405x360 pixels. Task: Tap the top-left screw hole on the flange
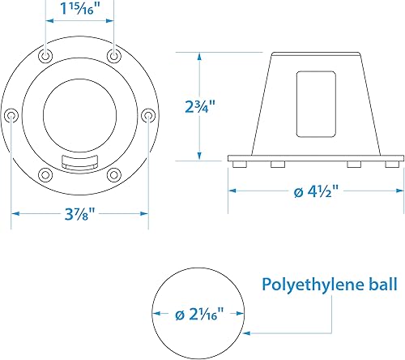point(46,56)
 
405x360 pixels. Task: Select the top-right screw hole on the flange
point(114,56)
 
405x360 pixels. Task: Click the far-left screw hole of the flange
point(11,116)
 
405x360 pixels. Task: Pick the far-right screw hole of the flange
point(148,116)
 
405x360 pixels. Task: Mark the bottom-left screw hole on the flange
point(46,174)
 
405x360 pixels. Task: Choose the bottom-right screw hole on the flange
point(114,174)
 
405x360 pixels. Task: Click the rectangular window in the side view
point(314,101)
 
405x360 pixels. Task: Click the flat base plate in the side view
point(316,157)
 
